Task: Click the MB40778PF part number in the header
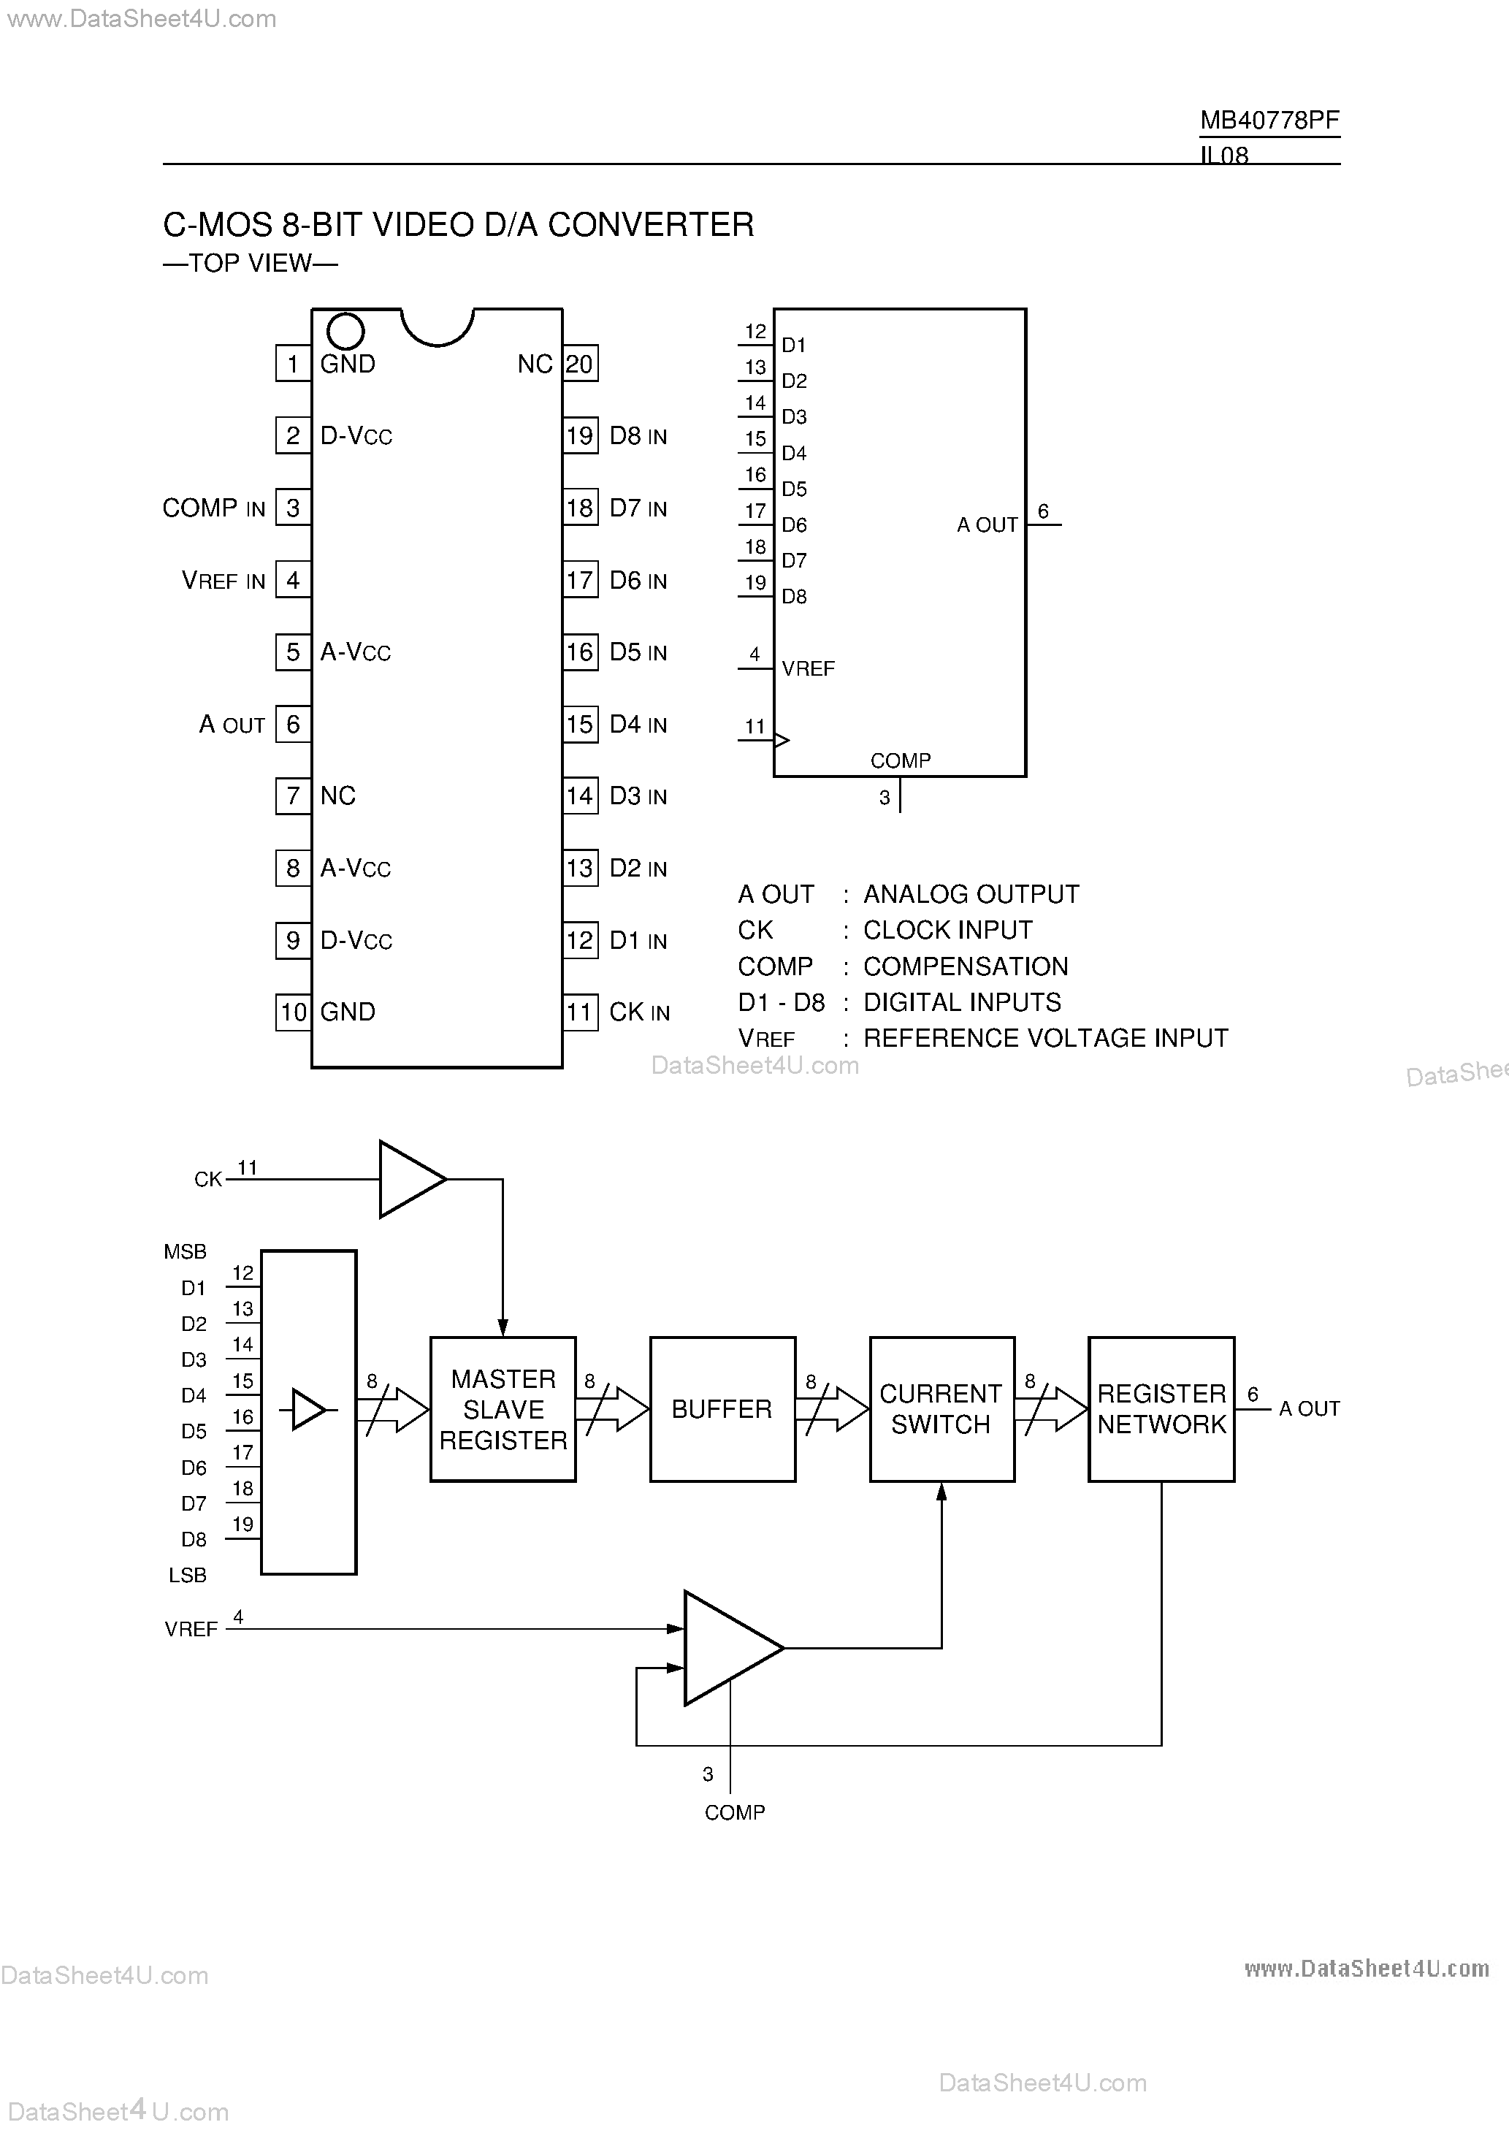(1269, 120)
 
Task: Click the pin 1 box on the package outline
(293, 363)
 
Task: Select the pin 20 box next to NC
(580, 363)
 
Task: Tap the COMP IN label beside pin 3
(214, 508)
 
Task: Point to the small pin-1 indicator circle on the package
(345, 331)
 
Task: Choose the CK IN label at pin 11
(639, 1012)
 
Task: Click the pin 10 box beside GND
(294, 1012)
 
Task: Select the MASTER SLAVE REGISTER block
(503, 1409)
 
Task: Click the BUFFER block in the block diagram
(722, 1409)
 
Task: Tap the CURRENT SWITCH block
(941, 1409)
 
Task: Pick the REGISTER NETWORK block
(1161, 1409)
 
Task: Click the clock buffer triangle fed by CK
(409, 1179)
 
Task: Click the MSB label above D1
(185, 1252)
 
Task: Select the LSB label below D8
(187, 1575)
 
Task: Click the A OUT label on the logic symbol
(987, 525)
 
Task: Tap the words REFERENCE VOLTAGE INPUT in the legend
(1045, 1038)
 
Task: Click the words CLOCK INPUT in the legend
(948, 930)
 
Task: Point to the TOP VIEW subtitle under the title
(250, 263)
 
